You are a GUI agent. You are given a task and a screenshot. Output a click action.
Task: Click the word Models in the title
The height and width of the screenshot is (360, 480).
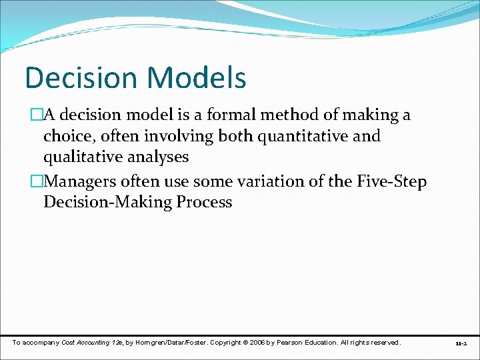pos(197,77)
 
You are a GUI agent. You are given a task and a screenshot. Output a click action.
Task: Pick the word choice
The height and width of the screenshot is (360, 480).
pos(69,137)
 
